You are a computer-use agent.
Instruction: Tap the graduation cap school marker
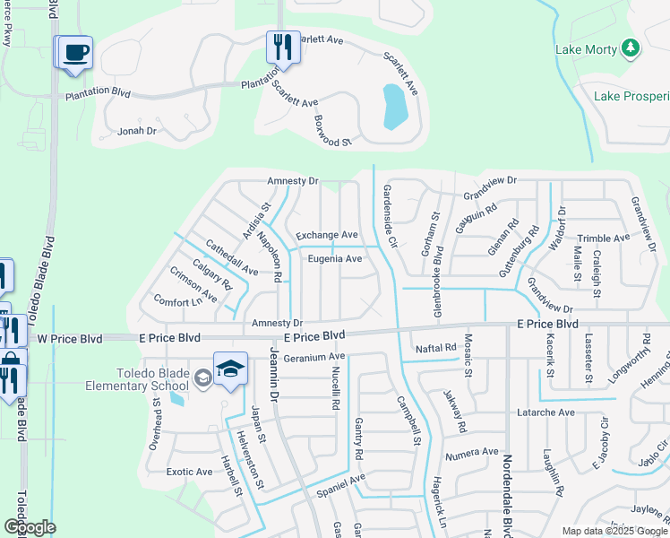coord(230,370)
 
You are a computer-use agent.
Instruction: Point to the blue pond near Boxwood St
coord(394,108)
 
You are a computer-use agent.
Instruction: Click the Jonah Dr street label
coord(137,131)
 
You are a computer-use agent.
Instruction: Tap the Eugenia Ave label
coord(335,258)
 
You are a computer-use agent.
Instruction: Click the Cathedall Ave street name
coord(231,256)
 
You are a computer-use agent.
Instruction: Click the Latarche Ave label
coord(545,412)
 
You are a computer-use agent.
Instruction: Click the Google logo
coord(30,527)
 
